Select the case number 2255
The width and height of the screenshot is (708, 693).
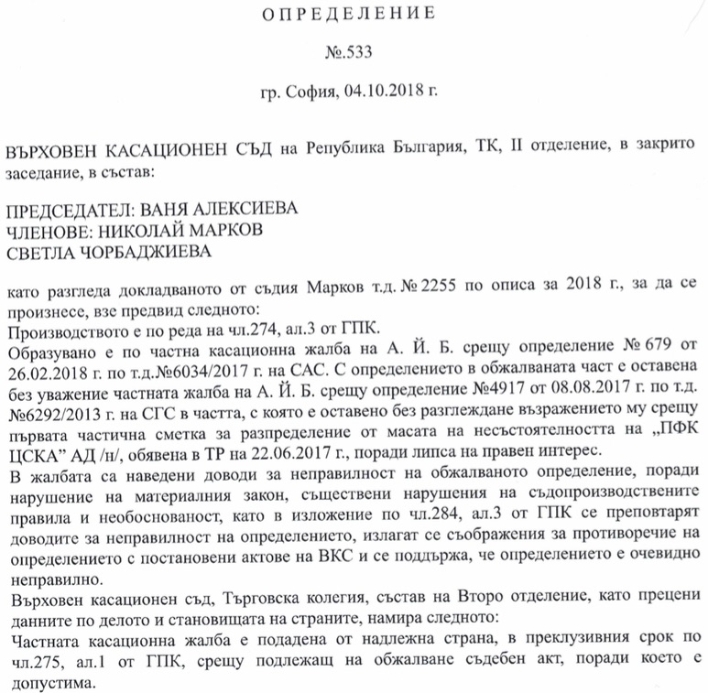(421, 292)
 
